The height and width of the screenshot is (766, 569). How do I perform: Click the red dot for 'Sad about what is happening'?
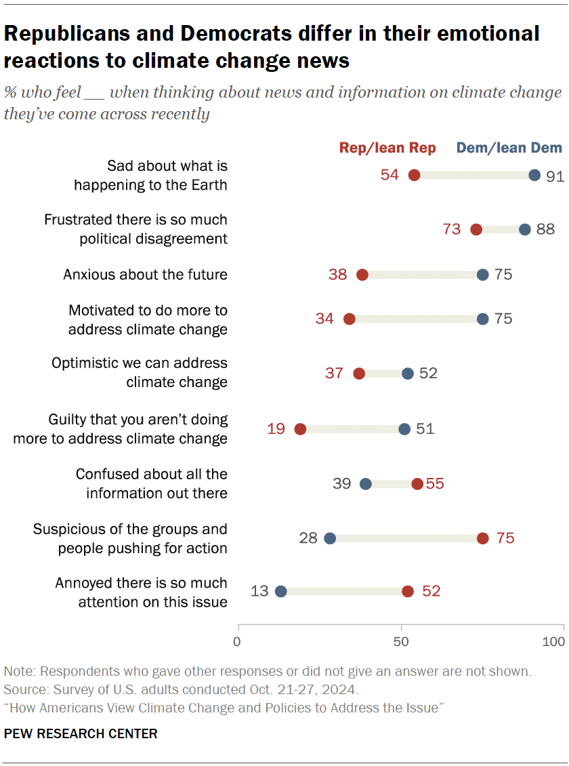415,176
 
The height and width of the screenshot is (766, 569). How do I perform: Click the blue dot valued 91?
534,176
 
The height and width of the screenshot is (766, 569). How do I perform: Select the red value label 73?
452,229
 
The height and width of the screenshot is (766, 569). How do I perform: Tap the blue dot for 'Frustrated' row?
525,230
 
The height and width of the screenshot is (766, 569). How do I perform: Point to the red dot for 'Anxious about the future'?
362,275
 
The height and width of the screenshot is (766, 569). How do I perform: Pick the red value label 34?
324,319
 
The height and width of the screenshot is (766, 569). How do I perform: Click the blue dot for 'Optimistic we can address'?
408,374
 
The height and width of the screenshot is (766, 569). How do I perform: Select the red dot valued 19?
300,429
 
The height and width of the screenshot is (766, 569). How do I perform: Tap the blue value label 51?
425,428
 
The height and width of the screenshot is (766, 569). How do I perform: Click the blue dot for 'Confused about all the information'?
366,484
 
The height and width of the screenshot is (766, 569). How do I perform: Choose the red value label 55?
435,484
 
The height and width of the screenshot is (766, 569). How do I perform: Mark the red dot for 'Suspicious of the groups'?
482,538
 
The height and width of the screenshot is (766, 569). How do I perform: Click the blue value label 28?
308,538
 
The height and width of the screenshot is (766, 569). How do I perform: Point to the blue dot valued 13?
281,591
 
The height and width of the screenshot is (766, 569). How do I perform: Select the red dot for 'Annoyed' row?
408,591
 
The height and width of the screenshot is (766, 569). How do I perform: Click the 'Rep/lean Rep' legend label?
387,148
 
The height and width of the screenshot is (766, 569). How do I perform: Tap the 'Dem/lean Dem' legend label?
509,148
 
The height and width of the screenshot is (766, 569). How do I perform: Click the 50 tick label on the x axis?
402,641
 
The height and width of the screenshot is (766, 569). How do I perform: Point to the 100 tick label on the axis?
554,641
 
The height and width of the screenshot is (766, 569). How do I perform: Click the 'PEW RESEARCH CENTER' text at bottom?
81,733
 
